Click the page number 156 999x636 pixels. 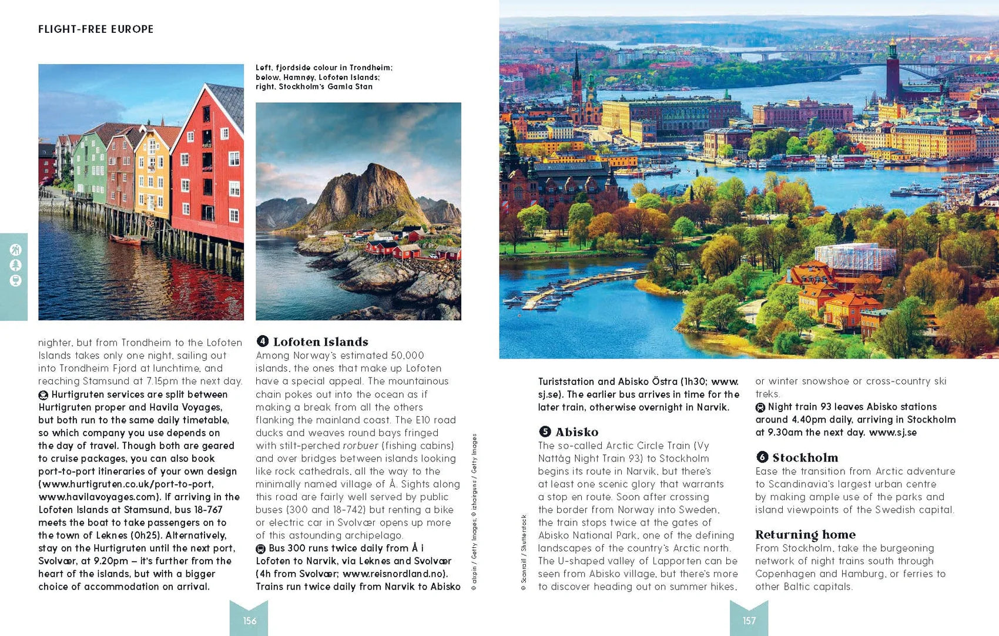pos(250,621)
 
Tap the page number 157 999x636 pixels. pos(749,621)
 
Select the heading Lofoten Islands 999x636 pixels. pos(320,342)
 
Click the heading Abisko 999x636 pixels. pos(576,432)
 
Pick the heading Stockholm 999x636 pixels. pos(804,458)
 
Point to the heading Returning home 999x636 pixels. pos(805,535)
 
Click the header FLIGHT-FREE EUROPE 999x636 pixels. pos(96,29)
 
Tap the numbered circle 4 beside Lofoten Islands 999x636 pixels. pos(263,342)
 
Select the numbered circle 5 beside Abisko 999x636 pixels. pos(545,432)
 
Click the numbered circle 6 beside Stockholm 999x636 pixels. pos(762,457)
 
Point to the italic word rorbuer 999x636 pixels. pos(360,446)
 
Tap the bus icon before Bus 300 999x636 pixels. pos(261,548)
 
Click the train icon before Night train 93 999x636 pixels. pos(760,407)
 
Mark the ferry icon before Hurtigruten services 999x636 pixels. pos(43,395)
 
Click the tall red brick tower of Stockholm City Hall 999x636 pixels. pos(893,68)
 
